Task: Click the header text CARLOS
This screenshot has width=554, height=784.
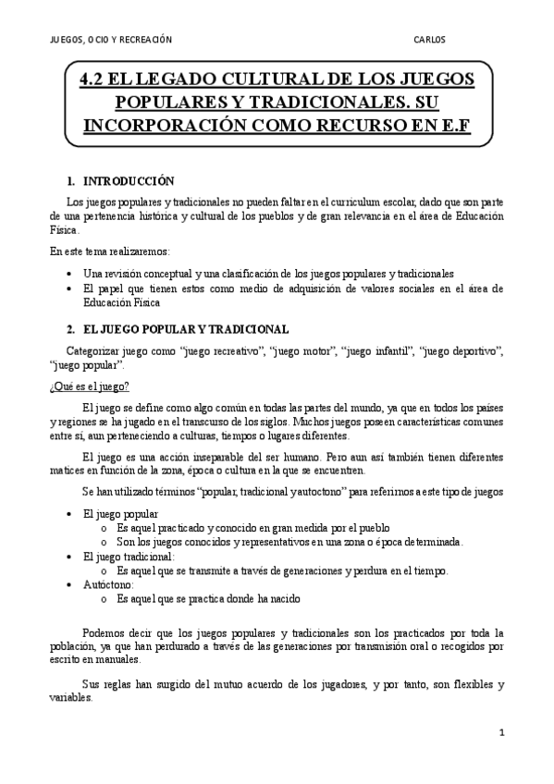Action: [x=430, y=40]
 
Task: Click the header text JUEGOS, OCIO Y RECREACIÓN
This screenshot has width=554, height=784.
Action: [x=110, y=40]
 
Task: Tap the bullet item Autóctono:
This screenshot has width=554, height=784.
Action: [x=109, y=584]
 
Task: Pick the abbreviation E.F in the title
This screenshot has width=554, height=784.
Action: [x=449, y=125]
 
